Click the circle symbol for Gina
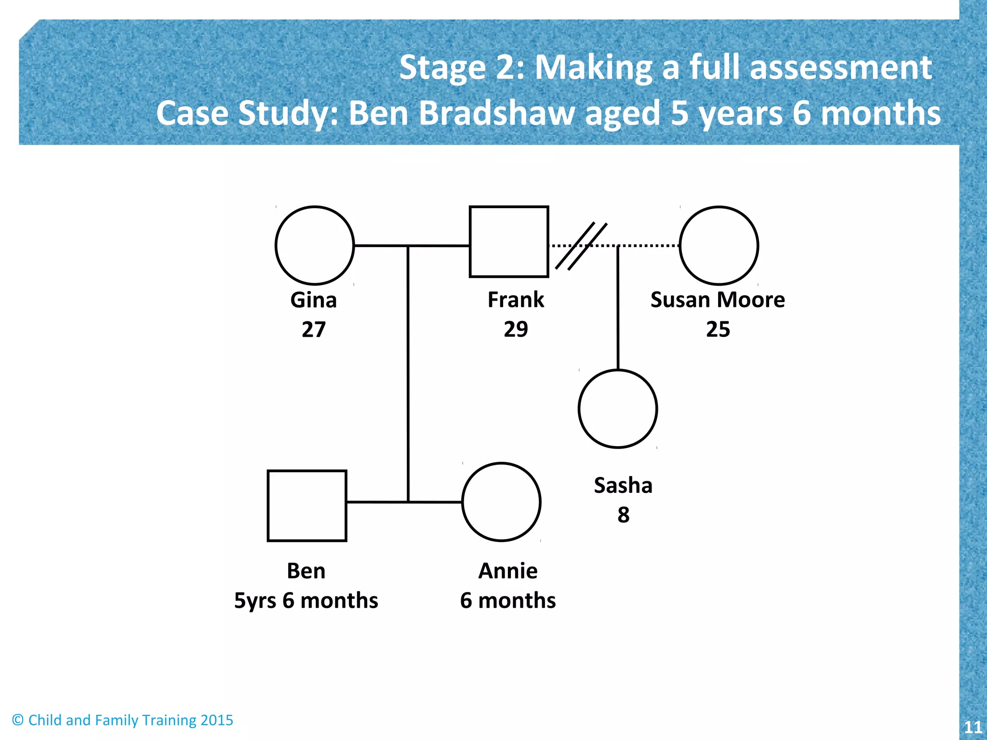pyautogui.click(x=315, y=246)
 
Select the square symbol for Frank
pyautogui.click(x=509, y=242)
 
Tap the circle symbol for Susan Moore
pyautogui.click(x=719, y=246)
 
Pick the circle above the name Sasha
pyautogui.click(x=618, y=409)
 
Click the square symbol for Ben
pyautogui.click(x=307, y=506)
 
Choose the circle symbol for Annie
pyautogui.click(x=501, y=502)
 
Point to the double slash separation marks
pyautogui.click(x=581, y=246)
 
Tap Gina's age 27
pyautogui.click(x=314, y=330)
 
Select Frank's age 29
pyautogui.click(x=516, y=330)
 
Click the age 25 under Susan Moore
pyautogui.click(x=718, y=330)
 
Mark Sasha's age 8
pyautogui.click(x=623, y=515)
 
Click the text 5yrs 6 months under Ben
pyautogui.click(x=306, y=601)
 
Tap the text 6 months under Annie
pyautogui.click(x=508, y=601)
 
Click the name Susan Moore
pyautogui.click(x=718, y=300)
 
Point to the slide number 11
pyautogui.click(x=973, y=727)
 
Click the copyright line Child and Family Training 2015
pyautogui.click(x=122, y=720)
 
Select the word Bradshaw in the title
pyautogui.click(x=496, y=113)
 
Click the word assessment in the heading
pyautogui.click(x=841, y=67)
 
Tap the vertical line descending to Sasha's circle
pyautogui.click(x=618, y=308)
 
